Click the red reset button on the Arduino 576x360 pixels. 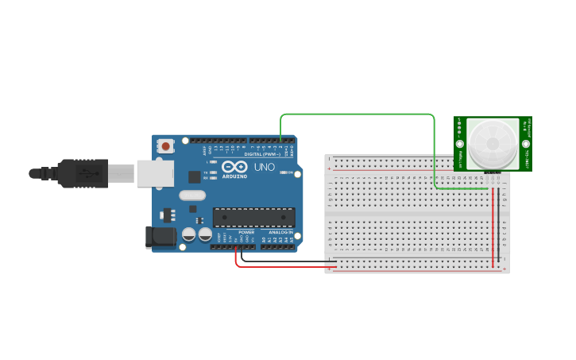(x=165, y=146)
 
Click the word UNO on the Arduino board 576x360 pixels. (x=264, y=168)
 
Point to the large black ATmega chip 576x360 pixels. (x=253, y=217)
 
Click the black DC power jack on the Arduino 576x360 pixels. (x=160, y=237)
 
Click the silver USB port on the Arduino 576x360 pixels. (x=155, y=173)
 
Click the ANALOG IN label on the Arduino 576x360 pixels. (x=280, y=232)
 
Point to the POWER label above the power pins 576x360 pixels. (x=246, y=232)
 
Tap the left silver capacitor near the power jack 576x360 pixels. (x=189, y=234)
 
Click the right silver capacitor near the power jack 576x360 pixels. (x=206, y=234)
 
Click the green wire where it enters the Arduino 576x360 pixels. (x=280, y=140)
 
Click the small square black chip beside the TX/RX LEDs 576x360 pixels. (x=194, y=177)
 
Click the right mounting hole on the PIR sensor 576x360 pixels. (x=525, y=122)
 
